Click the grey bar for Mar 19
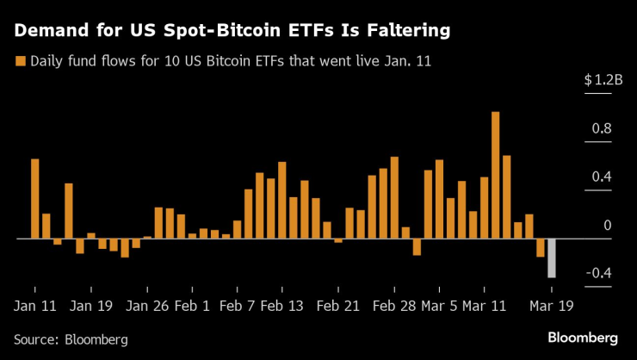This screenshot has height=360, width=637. [552, 258]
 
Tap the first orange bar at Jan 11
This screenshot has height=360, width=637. [35, 198]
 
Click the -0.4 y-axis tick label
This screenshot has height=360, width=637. [599, 274]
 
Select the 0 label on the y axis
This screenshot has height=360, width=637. [608, 226]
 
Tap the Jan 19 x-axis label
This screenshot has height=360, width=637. [91, 305]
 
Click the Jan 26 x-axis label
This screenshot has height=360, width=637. [147, 305]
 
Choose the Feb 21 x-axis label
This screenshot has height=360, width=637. [338, 305]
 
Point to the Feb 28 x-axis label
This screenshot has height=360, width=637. [394, 305]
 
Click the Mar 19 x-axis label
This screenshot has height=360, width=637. [552, 305]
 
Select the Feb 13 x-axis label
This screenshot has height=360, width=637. [282, 305]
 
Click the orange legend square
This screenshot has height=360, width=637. [19, 62]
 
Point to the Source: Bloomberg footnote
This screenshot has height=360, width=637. [71, 339]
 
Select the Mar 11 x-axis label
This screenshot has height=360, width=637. [485, 305]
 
